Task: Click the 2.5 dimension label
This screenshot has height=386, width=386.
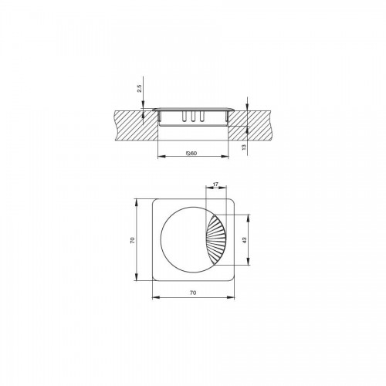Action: [x=139, y=88]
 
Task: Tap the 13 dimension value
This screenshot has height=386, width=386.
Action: [x=244, y=147]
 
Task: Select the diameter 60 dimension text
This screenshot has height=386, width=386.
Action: [x=191, y=154]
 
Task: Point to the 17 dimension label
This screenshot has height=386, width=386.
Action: [x=215, y=185]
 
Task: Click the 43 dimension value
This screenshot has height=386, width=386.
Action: [x=245, y=240]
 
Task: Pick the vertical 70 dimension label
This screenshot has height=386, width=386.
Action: [x=132, y=240]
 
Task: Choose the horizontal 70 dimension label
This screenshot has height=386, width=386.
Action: [x=193, y=293]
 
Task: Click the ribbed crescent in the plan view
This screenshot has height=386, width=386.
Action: [x=218, y=240]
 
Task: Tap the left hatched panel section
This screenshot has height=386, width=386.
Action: [x=137, y=125]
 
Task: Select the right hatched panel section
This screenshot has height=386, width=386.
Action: [x=249, y=125]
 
